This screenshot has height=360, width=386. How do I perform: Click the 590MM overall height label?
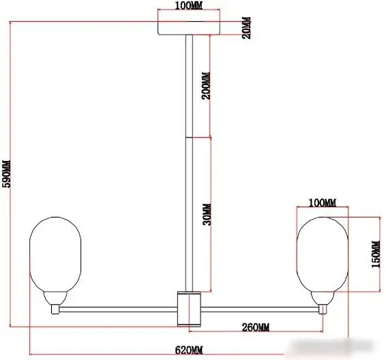(7, 173)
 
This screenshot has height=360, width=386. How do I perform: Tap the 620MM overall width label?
(189, 350)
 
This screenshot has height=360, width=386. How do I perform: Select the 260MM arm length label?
(256, 327)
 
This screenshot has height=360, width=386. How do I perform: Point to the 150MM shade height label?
(376, 254)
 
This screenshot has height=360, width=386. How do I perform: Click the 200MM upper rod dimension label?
(206, 86)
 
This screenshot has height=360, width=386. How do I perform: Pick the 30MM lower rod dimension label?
(207, 215)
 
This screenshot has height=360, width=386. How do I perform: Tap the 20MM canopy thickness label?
(247, 27)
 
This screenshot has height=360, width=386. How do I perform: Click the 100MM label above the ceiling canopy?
(189, 6)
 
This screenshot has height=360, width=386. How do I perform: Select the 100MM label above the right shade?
(323, 203)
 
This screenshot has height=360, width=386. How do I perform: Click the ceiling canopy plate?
(189, 28)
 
